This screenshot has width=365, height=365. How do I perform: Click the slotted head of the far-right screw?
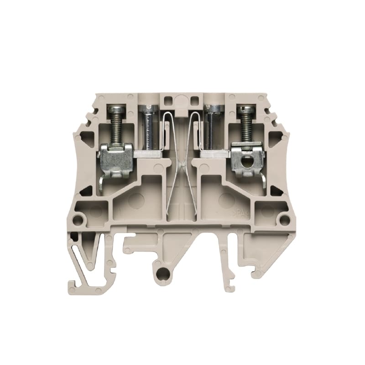(x=245, y=109)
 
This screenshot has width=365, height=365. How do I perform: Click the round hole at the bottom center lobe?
(x=162, y=273)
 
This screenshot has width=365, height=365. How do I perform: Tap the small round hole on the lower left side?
(x=78, y=221)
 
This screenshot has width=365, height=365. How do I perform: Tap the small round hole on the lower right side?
(x=285, y=221)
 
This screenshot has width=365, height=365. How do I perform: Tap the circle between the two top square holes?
(x=181, y=100)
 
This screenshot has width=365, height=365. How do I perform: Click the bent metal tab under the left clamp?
(x=101, y=183)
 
